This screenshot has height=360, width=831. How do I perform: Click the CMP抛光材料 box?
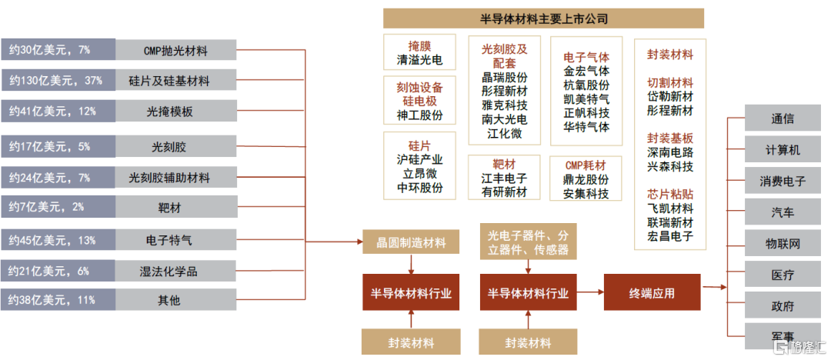[x=175, y=51]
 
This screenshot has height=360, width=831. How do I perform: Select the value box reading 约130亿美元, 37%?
[x=58, y=80]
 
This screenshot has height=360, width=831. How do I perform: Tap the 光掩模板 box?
[x=175, y=112]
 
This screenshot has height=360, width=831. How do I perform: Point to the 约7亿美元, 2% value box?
[x=58, y=207]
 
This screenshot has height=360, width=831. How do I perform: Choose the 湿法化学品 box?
[x=175, y=271]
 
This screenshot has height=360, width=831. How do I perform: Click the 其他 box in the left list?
[x=175, y=300]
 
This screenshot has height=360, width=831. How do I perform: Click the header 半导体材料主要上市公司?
[x=543, y=18]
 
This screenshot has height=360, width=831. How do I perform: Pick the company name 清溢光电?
[x=419, y=58]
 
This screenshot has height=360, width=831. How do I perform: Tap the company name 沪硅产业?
[x=419, y=159]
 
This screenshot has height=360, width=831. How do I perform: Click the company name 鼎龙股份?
[x=586, y=179]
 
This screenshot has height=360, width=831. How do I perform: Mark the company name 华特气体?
[x=586, y=127]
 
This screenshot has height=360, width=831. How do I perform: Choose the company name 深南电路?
[x=670, y=153]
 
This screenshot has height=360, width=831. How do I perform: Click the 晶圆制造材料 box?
[x=411, y=243]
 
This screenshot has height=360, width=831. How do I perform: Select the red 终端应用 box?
[x=652, y=292]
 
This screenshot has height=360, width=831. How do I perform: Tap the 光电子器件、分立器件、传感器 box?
[x=529, y=241]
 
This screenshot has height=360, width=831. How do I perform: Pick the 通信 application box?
[x=783, y=119]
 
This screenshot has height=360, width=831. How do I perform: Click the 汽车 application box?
[x=783, y=212]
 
